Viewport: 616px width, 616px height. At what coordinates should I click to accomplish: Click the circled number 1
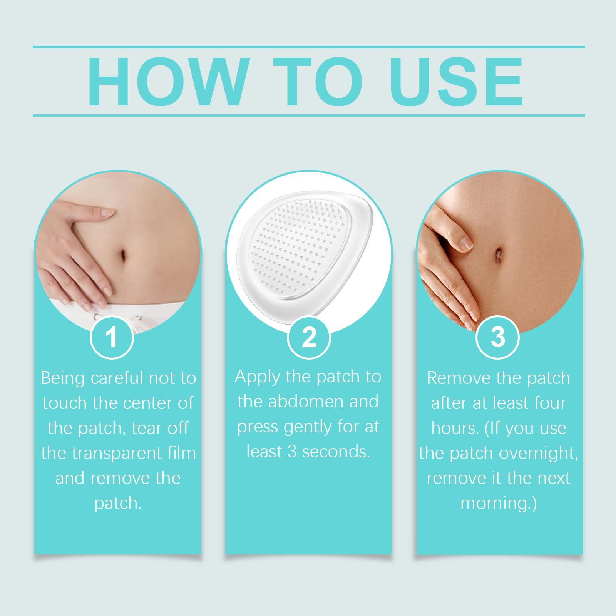(112, 337)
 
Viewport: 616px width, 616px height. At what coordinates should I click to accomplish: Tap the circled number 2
(309, 337)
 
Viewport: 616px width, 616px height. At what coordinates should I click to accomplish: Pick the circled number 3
(498, 337)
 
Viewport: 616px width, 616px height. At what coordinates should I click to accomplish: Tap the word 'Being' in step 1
(64, 379)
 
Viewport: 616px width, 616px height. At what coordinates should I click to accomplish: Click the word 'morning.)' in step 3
(499, 504)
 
